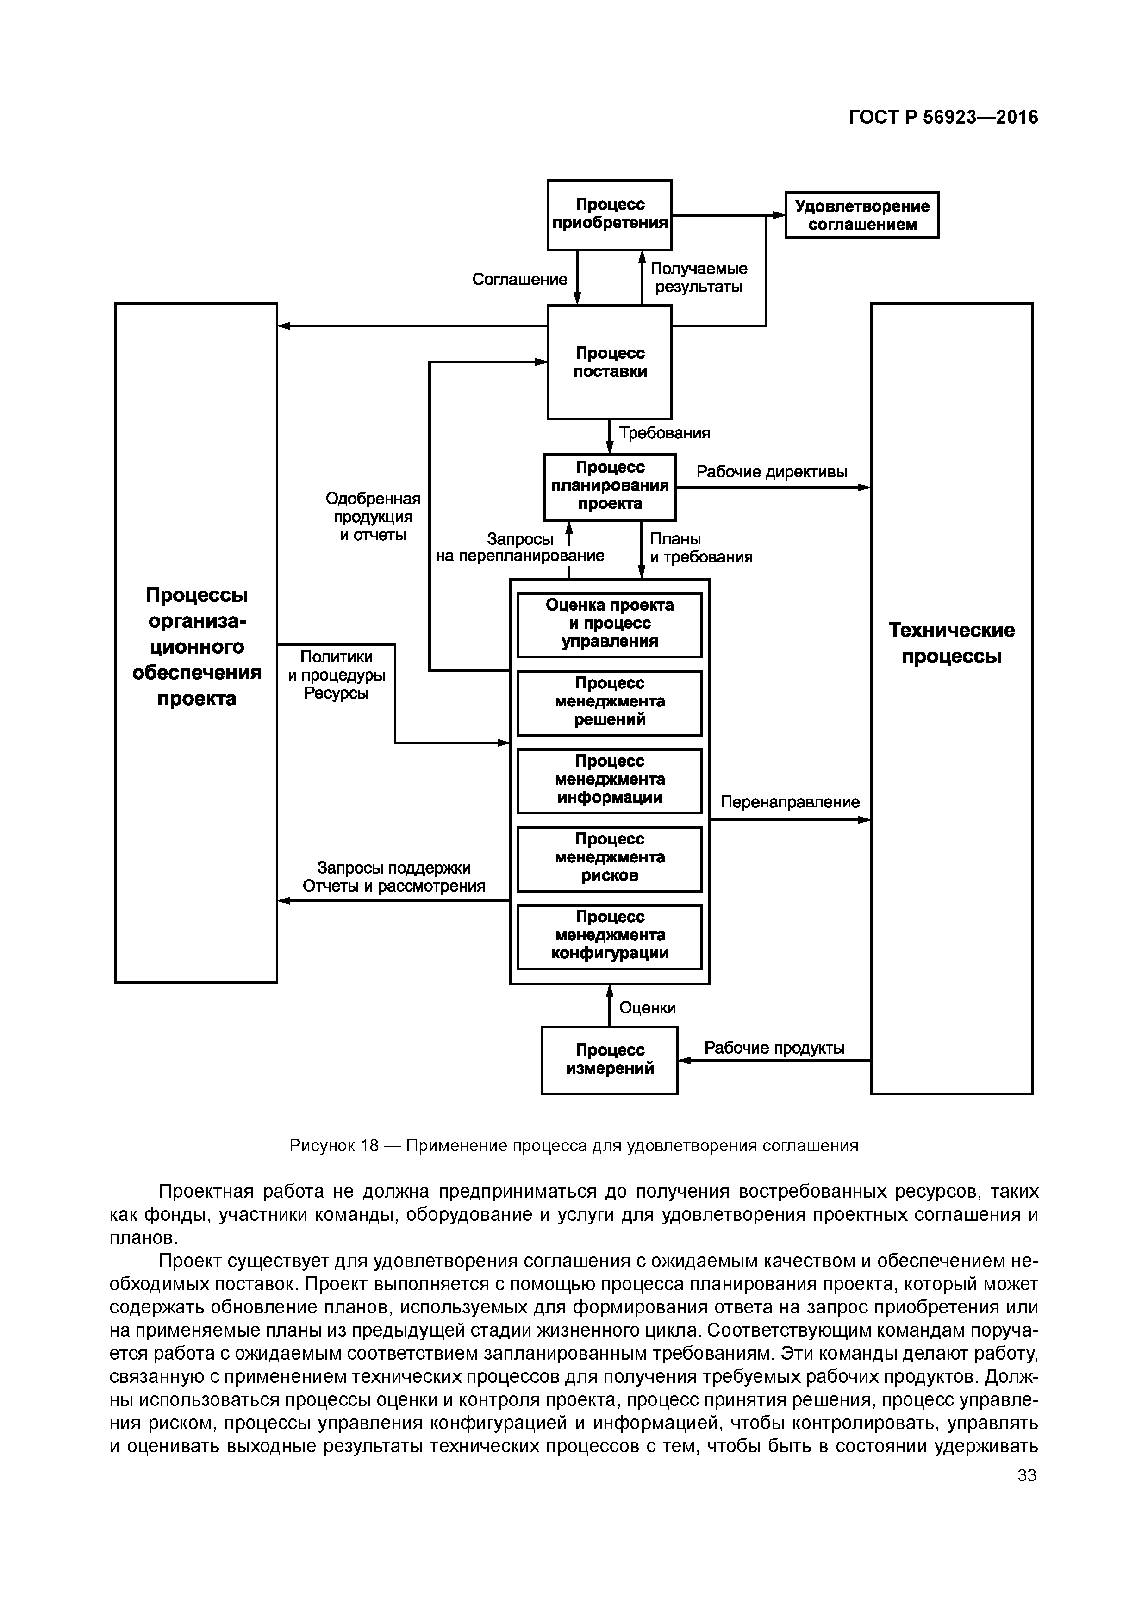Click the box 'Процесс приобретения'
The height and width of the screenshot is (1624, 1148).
(x=609, y=214)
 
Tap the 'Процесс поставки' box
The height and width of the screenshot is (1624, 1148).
(x=609, y=362)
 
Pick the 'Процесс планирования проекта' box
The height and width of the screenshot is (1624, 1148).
(x=609, y=486)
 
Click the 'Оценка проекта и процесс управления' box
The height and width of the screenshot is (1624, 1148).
(x=609, y=624)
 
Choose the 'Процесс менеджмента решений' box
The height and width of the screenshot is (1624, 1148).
(x=609, y=702)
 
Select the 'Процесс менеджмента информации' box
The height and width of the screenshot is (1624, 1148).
(x=609, y=780)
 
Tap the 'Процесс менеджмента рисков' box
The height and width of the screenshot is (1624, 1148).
(x=609, y=857)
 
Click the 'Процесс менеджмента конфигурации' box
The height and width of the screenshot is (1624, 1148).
(x=609, y=935)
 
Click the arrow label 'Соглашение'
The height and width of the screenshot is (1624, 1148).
(x=519, y=280)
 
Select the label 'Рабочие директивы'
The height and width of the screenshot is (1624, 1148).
(x=771, y=472)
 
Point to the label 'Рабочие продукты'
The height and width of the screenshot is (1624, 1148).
(x=774, y=1048)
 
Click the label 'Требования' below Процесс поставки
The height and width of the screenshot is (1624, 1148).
(x=664, y=433)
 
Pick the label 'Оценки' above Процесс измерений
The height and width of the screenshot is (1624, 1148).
(x=647, y=1008)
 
